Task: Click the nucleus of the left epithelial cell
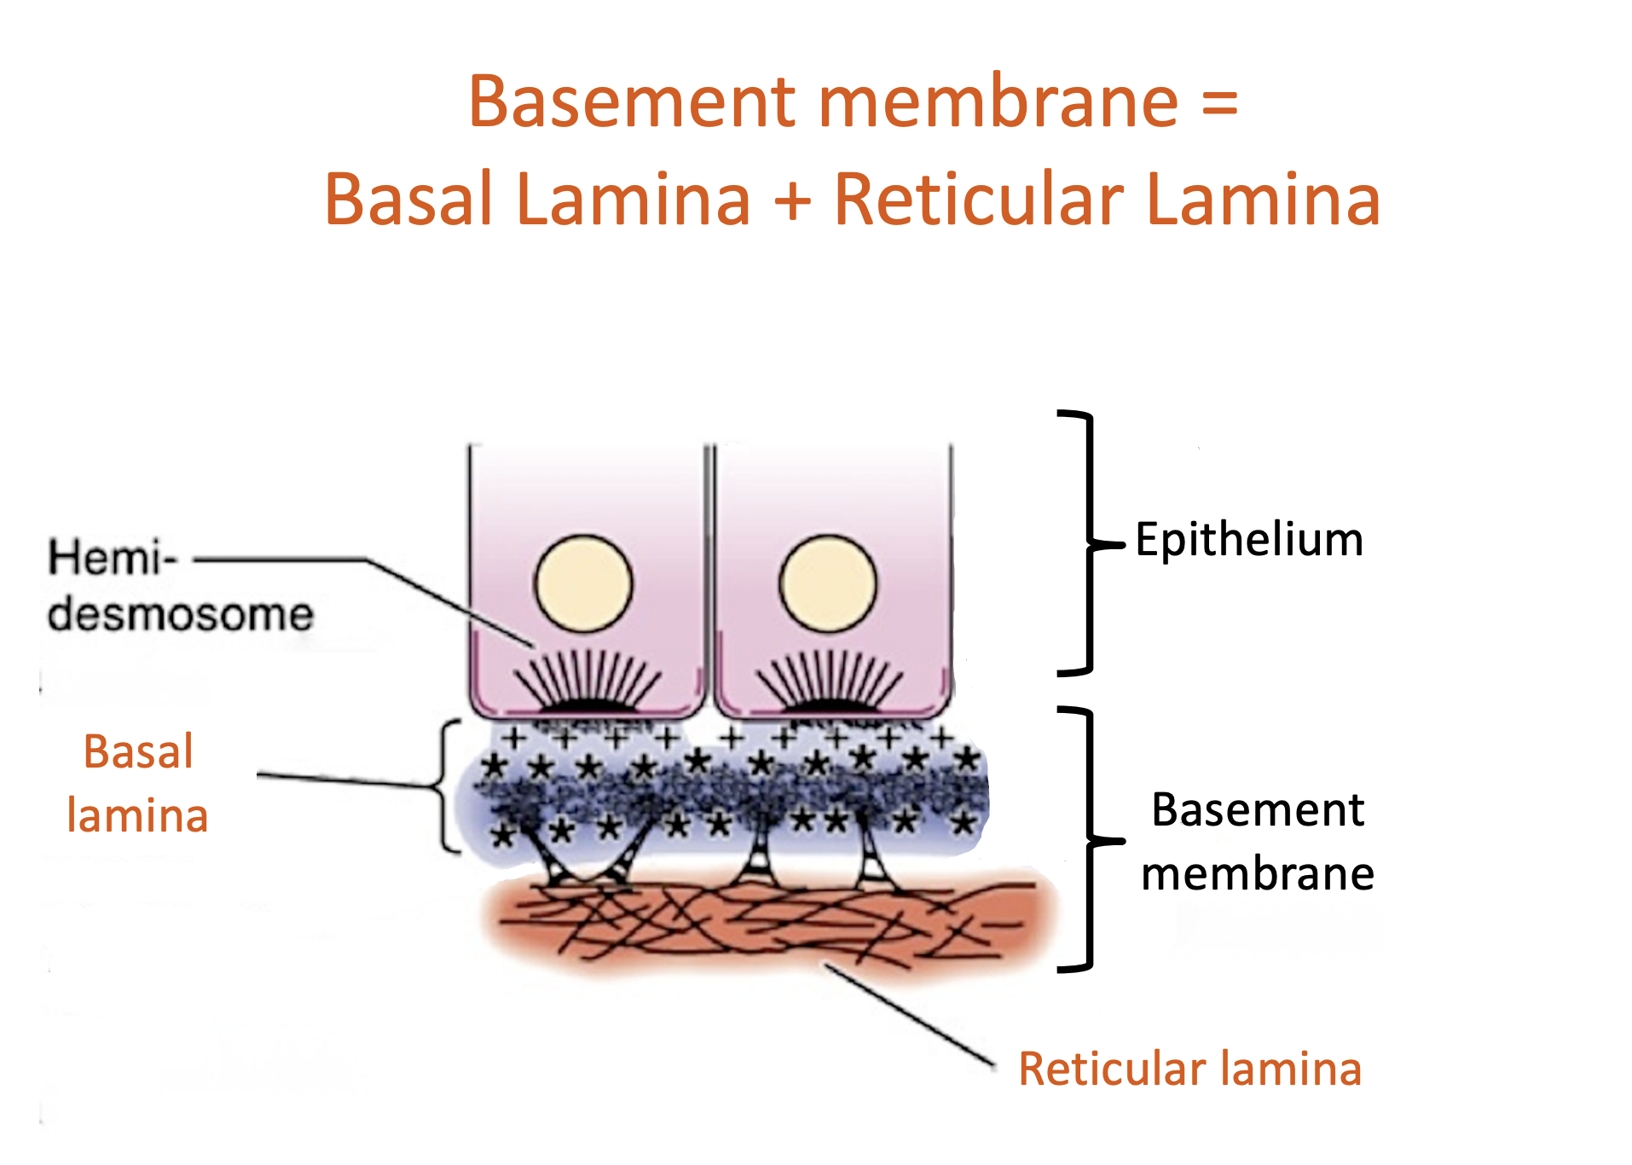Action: tap(583, 584)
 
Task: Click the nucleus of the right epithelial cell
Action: tap(828, 584)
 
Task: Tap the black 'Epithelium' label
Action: tap(1249, 541)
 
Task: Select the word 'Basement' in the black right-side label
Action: tap(1258, 809)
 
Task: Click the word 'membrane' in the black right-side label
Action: tap(1258, 874)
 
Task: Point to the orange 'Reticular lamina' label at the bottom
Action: tap(1190, 1069)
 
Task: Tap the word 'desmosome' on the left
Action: tap(181, 614)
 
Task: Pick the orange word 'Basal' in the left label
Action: tap(138, 751)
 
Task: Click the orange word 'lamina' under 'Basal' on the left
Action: tap(137, 815)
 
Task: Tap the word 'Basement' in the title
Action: tap(631, 101)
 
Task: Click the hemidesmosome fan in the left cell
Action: tap(587, 681)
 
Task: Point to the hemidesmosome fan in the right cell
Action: tap(830, 681)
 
